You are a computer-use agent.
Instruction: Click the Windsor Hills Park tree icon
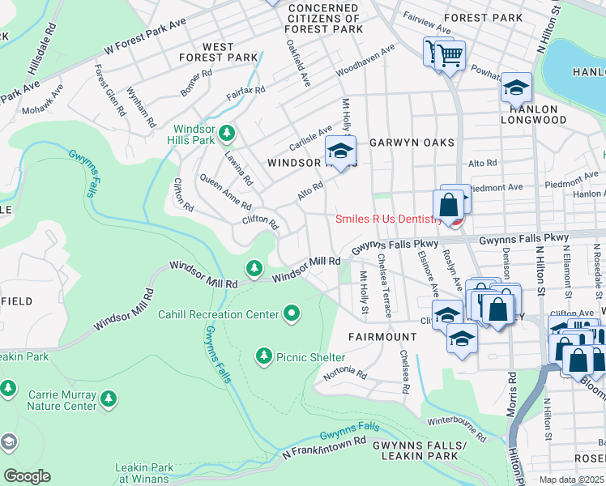click(x=228, y=132)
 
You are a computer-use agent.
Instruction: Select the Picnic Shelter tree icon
click(x=263, y=356)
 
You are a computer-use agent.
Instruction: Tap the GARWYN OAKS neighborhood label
click(x=412, y=143)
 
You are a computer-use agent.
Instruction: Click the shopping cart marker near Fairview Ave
click(x=450, y=56)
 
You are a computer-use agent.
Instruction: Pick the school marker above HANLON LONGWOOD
click(x=516, y=87)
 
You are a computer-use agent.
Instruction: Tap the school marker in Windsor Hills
click(x=341, y=151)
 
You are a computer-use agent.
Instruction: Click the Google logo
click(x=27, y=476)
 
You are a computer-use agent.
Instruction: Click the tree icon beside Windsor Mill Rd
click(x=254, y=267)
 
